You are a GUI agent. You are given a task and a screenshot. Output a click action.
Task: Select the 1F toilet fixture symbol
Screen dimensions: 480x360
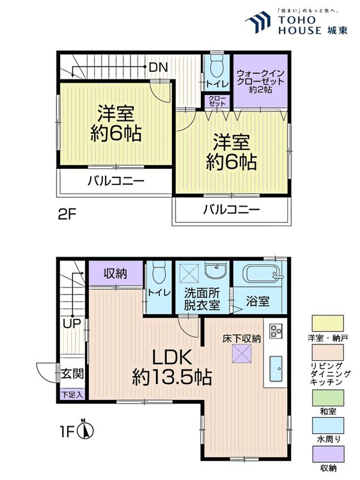[158, 273]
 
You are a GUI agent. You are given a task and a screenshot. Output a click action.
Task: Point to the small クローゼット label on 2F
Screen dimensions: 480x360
[217, 100]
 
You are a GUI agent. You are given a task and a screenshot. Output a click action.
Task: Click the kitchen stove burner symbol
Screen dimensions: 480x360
[276, 331]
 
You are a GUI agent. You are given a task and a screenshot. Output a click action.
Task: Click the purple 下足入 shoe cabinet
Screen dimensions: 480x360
[72, 395]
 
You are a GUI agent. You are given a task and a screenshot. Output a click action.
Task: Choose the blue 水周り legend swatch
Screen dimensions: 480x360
[328, 426]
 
